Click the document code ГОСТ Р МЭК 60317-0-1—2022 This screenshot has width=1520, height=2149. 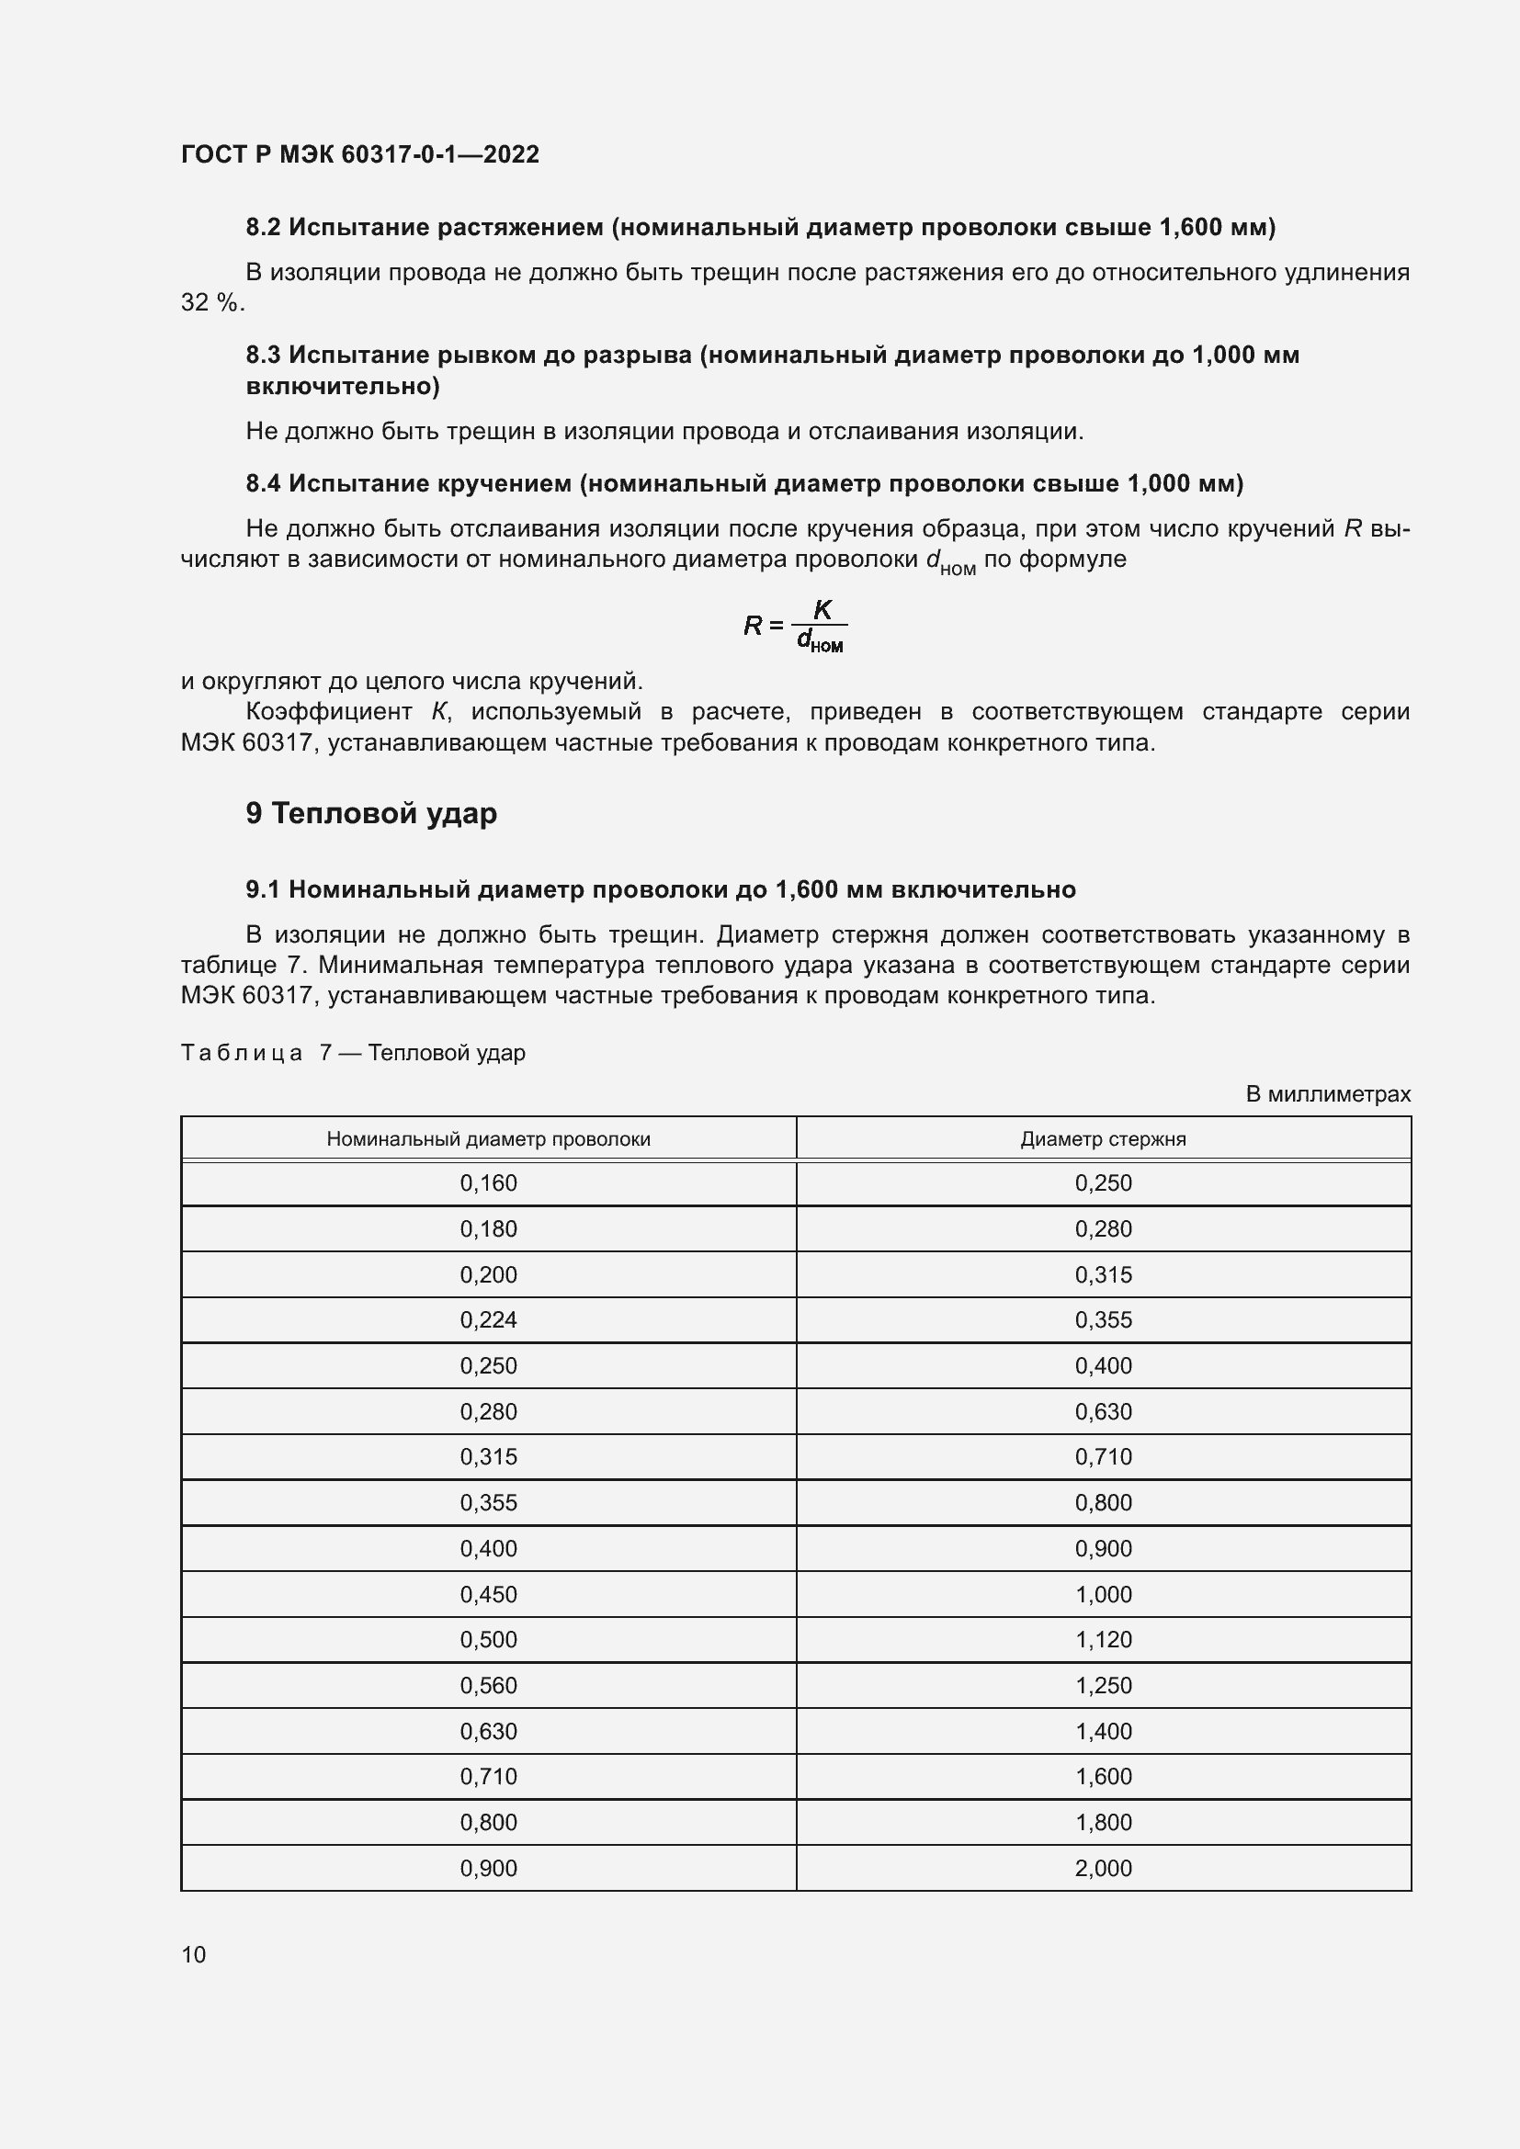coord(360,154)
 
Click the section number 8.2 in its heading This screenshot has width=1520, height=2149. coord(263,228)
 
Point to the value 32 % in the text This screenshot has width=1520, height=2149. coord(210,303)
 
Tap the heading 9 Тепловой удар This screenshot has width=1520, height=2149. coord(370,813)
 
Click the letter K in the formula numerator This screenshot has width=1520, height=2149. coord(822,609)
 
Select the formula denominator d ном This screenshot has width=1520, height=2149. coord(819,641)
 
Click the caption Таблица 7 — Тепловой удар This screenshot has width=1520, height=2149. coord(353,1053)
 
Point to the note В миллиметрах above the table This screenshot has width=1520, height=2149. coord(1327,1094)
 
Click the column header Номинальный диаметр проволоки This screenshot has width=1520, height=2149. coord(488,1139)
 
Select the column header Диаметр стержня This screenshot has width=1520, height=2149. coord(1103,1139)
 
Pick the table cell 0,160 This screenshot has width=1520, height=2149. coord(488,1183)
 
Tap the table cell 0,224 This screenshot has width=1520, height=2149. coord(488,1319)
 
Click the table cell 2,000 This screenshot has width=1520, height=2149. coord(1103,1868)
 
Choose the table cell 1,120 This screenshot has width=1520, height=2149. coord(1103,1640)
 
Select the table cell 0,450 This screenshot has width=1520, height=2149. coord(488,1594)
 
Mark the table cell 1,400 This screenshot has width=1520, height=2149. coord(1103,1732)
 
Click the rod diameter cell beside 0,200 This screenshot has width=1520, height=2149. coord(1103,1275)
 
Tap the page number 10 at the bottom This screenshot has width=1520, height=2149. coord(194,1954)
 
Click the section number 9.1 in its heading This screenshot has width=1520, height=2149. coord(263,889)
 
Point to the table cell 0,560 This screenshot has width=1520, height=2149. coord(488,1686)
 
